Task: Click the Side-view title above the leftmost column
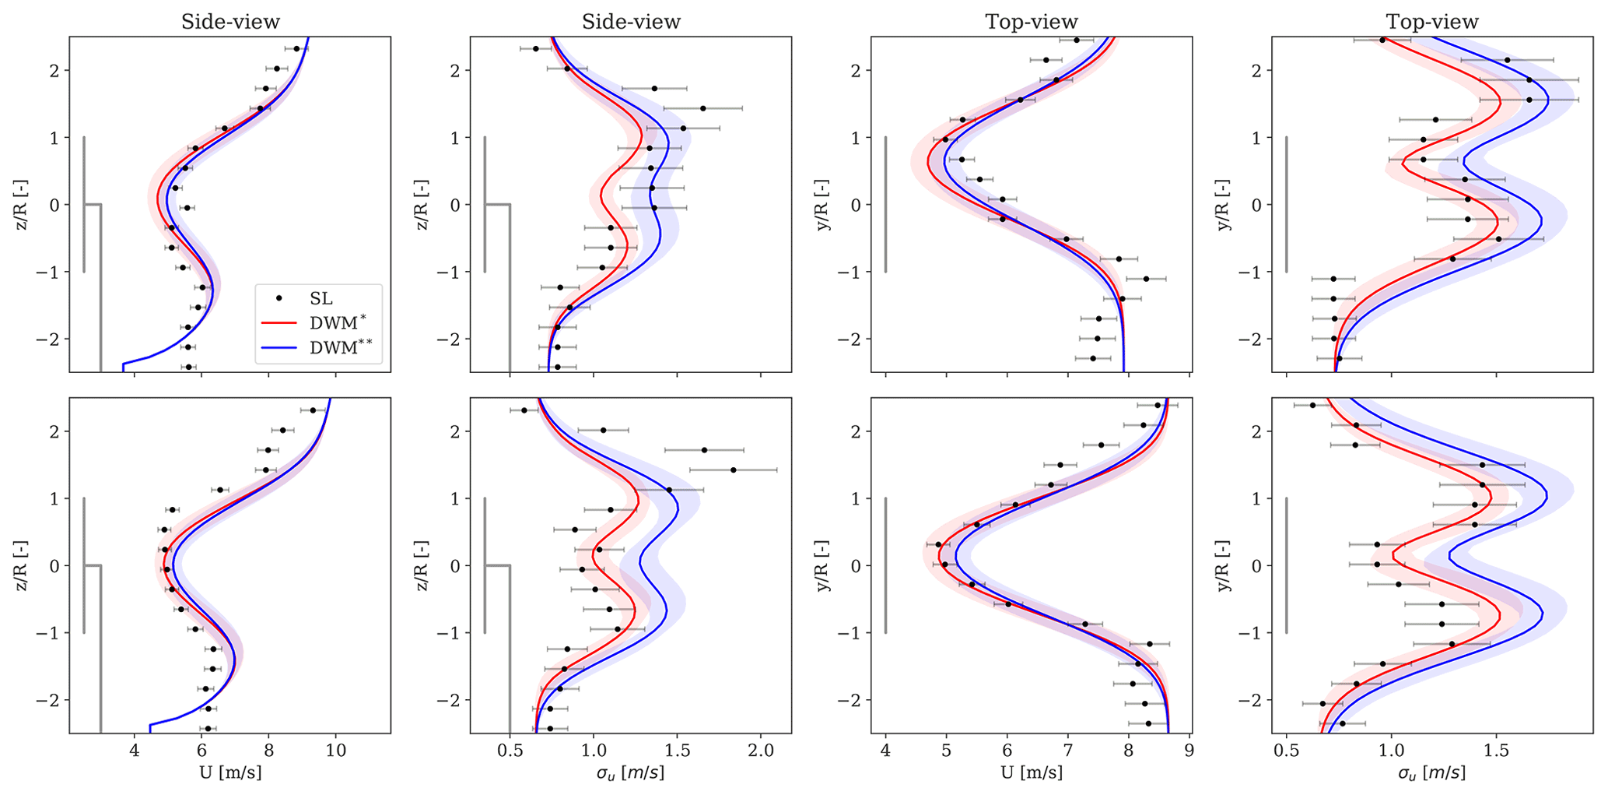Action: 230,22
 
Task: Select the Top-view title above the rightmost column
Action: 1431,22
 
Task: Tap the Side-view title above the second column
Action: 631,22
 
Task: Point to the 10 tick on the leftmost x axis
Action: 335,751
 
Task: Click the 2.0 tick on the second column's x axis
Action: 761,751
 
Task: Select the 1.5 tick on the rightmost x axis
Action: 1496,751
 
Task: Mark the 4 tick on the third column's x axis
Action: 885,751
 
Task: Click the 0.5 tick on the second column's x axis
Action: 510,751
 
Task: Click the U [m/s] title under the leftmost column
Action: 230,772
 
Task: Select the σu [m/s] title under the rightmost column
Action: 1431,772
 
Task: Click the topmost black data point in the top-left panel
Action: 296,49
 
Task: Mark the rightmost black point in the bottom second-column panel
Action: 733,470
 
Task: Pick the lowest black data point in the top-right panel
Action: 1339,358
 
